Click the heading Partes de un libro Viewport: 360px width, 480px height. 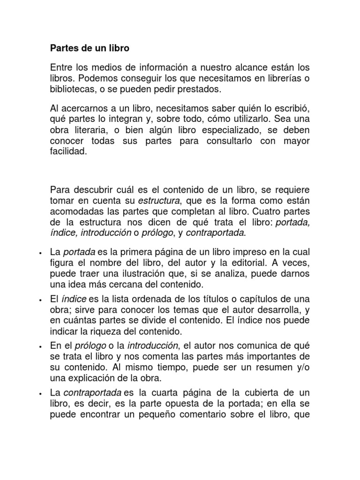(90, 48)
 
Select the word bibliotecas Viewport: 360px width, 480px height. (75, 89)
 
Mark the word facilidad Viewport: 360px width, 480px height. (69, 152)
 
